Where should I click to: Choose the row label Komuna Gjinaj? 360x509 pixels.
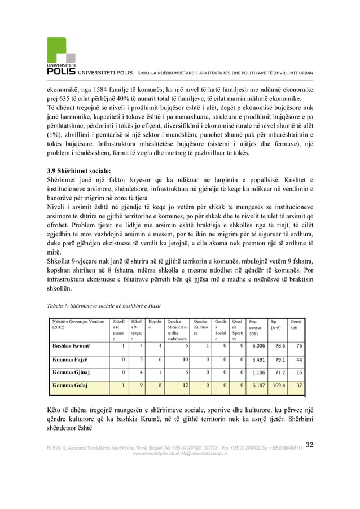pyautogui.click(x=74, y=372)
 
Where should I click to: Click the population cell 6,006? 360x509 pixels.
pyautogui.click(x=257, y=346)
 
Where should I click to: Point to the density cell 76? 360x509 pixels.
pyautogui.click(x=299, y=346)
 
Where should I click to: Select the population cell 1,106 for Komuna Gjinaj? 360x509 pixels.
pyautogui.click(x=257, y=373)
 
